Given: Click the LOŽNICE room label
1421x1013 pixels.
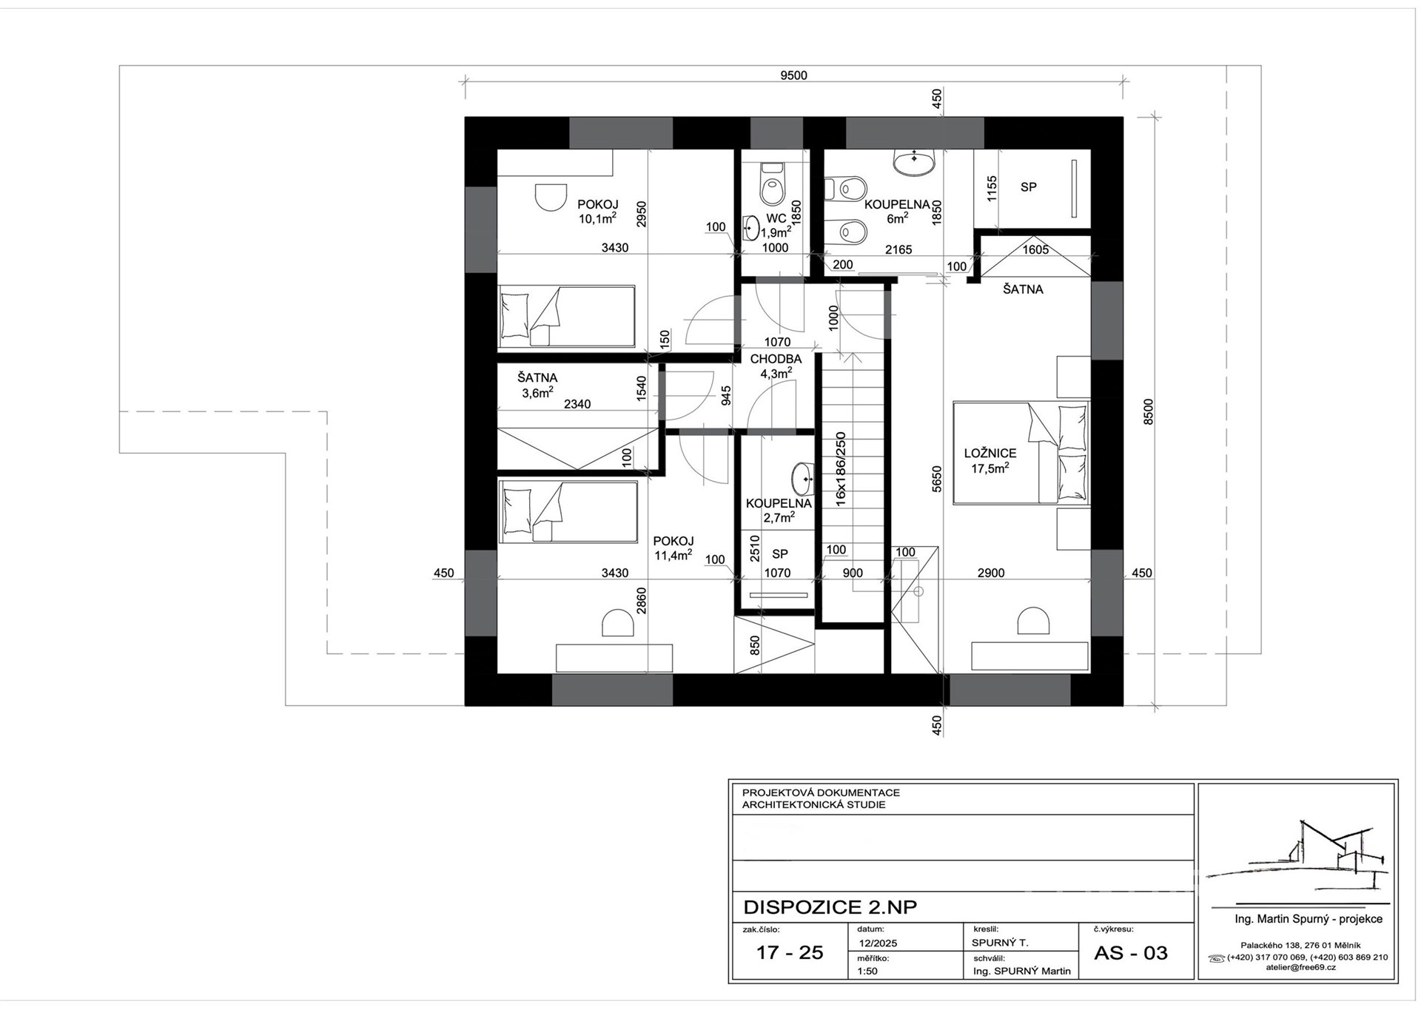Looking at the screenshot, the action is (990, 453).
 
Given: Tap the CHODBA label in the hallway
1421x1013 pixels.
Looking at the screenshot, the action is (776, 359).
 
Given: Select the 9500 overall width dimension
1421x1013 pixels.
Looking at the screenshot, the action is (793, 75).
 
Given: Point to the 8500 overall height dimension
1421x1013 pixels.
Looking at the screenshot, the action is (1148, 411).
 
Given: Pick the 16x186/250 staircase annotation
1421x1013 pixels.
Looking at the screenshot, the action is (841, 469).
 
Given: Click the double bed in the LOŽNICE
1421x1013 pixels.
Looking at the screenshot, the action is (1021, 453).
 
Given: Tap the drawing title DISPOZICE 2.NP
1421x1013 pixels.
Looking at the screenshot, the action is (830, 907).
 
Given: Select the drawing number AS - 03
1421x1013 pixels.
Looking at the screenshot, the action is (1130, 953).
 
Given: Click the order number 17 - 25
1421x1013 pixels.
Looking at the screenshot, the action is (789, 953).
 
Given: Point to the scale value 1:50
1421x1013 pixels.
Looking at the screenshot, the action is (867, 971).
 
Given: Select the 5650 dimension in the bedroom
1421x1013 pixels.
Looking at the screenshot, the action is (937, 479).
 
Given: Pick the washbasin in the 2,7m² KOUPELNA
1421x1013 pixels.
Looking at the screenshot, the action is (802, 479).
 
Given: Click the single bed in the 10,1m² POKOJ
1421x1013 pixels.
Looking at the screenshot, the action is (566, 317).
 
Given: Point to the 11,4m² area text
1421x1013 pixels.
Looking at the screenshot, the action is (673, 556).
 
